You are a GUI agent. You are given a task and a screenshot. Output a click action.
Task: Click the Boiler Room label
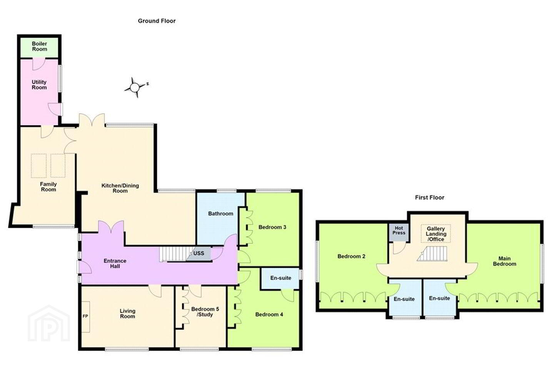pos(39,46)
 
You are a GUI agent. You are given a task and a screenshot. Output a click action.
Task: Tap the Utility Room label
pos(39,85)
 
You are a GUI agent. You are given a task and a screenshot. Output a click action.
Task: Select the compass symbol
pos(135,88)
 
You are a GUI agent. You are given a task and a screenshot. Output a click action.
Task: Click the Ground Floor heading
pos(157,21)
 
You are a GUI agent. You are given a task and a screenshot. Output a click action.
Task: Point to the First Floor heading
pos(430,198)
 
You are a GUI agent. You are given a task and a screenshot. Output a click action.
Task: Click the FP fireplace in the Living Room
pos(85,317)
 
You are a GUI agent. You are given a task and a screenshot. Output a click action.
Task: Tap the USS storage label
pos(199,253)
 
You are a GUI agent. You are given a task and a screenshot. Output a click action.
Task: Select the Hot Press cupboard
pos(399,232)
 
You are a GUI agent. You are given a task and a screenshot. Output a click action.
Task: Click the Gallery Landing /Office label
pos(436,234)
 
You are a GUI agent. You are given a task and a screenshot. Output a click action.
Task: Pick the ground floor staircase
pos(176,254)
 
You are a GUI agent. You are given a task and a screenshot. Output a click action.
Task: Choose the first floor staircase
pos(432,254)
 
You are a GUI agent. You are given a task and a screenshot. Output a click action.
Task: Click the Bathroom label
pos(220,214)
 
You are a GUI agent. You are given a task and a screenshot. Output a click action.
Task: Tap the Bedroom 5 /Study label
pos(205,312)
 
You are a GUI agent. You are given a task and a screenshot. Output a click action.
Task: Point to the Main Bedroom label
pos(504,261)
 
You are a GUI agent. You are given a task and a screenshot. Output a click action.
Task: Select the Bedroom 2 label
pos(351,256)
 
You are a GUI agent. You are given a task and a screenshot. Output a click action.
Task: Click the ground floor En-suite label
pos(281,278)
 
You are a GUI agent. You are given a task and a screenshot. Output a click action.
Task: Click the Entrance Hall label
pos(115,263)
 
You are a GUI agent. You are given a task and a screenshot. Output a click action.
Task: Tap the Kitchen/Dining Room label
pos(120,188)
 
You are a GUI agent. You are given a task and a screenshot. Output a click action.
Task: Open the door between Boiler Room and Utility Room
pos(39,64)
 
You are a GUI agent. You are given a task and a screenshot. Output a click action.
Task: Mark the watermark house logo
pos(49,324)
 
